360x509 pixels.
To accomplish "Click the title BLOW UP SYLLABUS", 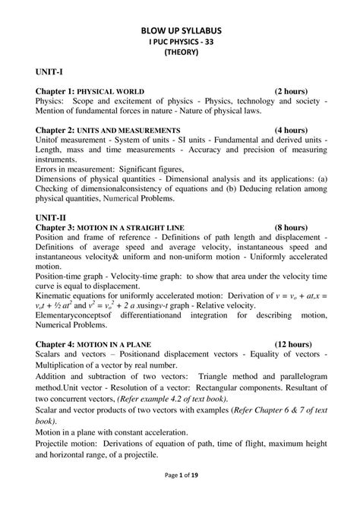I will point(181,30).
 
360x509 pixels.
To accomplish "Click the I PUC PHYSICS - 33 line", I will point(181,42).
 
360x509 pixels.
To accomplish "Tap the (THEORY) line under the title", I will point(181,53).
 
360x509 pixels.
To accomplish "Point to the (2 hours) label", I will point(291,91).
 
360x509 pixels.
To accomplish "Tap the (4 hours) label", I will point(291,131).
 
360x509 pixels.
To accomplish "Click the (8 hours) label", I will point(291,227).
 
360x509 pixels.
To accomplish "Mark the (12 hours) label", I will point(294,343).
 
